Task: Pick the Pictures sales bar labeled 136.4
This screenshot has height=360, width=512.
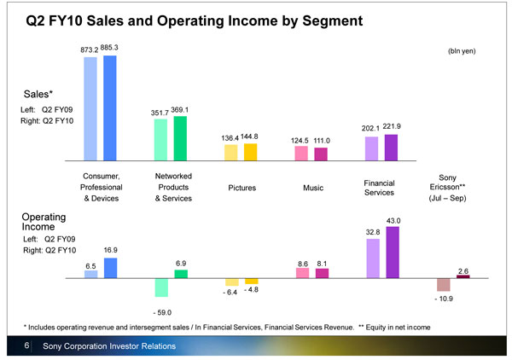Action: coord(230,153)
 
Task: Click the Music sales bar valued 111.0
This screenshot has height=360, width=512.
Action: coord(321,154)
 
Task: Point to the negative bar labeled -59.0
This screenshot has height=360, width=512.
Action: coord(161,287)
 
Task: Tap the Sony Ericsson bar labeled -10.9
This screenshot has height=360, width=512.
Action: coord(444,285)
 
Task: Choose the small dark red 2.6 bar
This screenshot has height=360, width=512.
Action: coord(463,276)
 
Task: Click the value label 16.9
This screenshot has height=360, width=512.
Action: coord(111,251)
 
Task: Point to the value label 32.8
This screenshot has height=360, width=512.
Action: coord(371,231)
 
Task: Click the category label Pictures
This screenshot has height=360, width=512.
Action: coord(242,187)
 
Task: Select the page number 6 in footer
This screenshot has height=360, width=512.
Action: coord(27,345)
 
